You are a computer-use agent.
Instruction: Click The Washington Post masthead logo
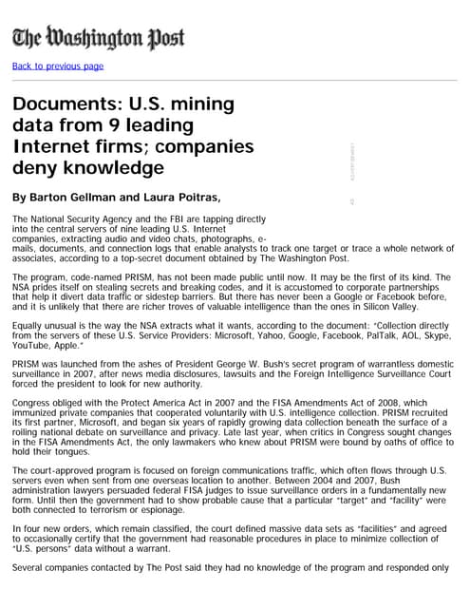(x=99, y=38)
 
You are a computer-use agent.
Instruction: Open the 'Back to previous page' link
(x=58, y=66)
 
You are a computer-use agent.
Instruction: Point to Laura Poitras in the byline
(x=186, y=198)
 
